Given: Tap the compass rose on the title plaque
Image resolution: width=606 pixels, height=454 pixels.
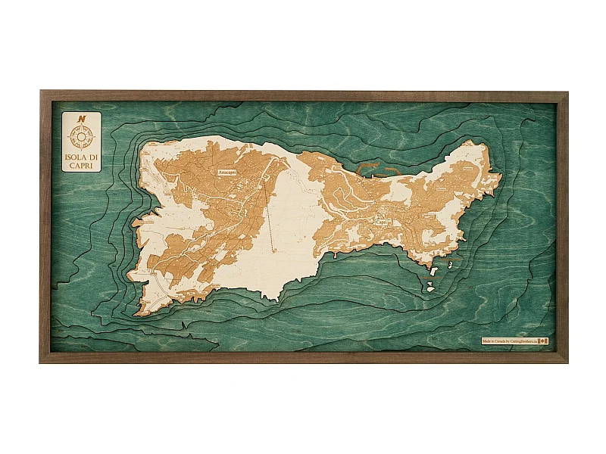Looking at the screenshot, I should click(x=81, y=136).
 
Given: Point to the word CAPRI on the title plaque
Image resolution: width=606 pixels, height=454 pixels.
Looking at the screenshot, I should click(x=81, y=166).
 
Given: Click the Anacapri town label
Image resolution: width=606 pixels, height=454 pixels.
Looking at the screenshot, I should click(x=227, y=173).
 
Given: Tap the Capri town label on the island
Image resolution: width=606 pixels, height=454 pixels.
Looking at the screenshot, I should click(x=381, y=222).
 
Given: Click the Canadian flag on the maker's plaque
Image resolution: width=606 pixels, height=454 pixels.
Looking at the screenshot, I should click(x=542, y=342).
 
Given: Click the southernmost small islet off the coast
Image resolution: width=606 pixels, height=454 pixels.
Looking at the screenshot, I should click(x=430, y=288).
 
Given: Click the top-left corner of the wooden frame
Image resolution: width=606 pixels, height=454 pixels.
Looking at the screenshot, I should click(x=42, y=92).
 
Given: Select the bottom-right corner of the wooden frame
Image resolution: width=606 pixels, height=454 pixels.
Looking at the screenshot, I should click(x=566, y=361).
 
